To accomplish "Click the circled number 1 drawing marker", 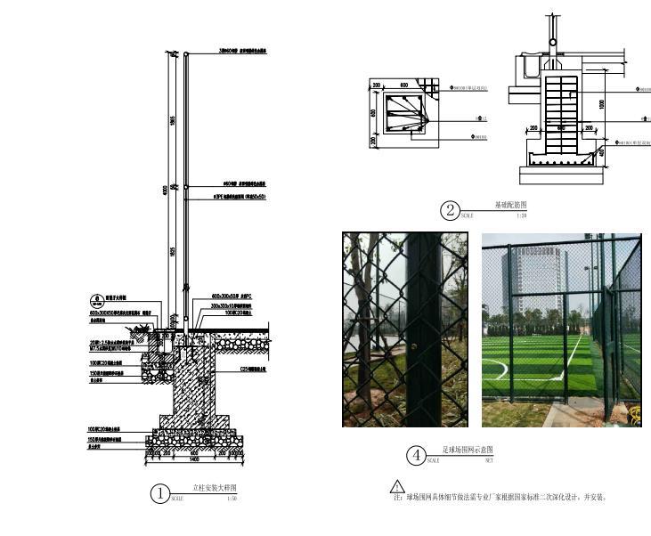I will (160, 493).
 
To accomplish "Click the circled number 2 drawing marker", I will (451, 211).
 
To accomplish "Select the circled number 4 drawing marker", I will (416, 456).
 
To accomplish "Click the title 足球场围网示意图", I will (468, 451).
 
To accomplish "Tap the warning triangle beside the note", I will (397, 486).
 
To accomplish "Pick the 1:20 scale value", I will (522, 215).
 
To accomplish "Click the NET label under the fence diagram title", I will (489, 461).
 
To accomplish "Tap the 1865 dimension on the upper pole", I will (173, 120).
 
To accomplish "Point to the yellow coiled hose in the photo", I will (635, 410).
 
